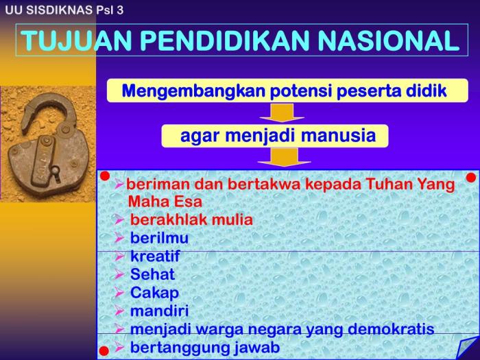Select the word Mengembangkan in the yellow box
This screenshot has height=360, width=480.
tap(180, 91)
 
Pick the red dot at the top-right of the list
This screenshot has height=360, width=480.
tap(471, 178)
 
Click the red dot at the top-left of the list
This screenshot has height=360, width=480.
tap(105, 177)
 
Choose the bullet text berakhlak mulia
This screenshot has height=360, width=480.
tap(191, 220)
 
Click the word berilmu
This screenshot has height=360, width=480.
tap(159, 238)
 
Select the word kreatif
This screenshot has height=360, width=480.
tap(155, 256)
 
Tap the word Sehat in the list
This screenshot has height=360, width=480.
tap(152, 274)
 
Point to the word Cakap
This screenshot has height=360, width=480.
tap(154, 293)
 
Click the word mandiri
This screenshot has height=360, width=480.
tap(159, 311)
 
